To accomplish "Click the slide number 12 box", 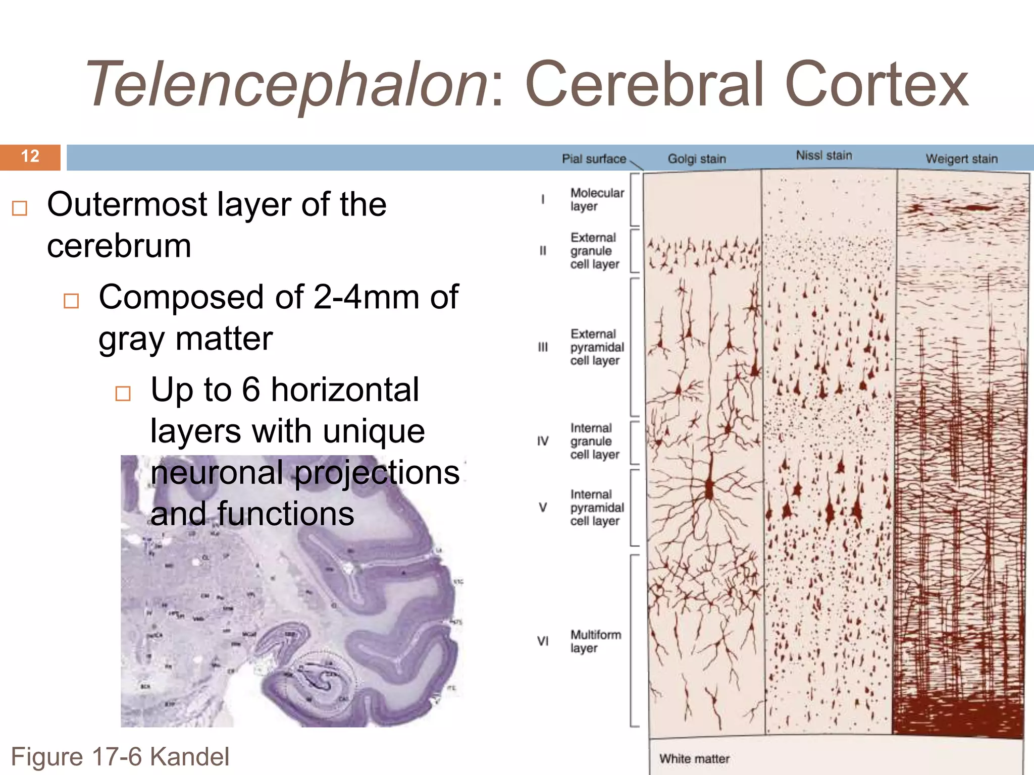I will coord(30,156).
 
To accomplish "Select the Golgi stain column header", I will coord(697,159).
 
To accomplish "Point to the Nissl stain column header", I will coord(824,155).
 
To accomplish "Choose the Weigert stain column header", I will coord(961,159).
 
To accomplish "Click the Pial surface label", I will coord(594,159).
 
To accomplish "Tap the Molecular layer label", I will coord(597,200).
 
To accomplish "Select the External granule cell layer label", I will coord(595,251).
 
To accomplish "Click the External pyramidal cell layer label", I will coord(597,347).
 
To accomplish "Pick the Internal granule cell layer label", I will coord(594,441).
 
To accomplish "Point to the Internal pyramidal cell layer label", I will coord(597,508).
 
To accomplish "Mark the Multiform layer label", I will coord(595,641).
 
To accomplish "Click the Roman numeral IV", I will coord(543,441).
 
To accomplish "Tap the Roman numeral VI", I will coord(543,641).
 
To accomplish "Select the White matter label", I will coord(694,759).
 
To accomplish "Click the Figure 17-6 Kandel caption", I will coord(120,757).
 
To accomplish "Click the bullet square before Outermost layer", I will coord(20,208).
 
